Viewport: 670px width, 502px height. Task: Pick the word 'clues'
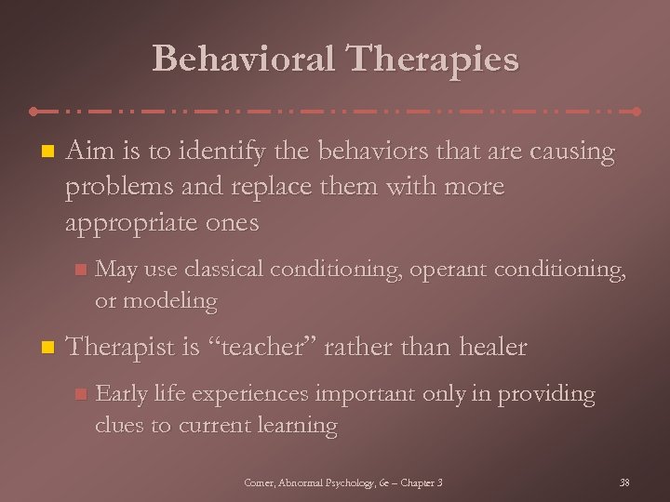pos(121,425)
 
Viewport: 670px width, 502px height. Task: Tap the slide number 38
pos(623,482)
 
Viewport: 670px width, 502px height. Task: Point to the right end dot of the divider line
pos(637,111)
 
